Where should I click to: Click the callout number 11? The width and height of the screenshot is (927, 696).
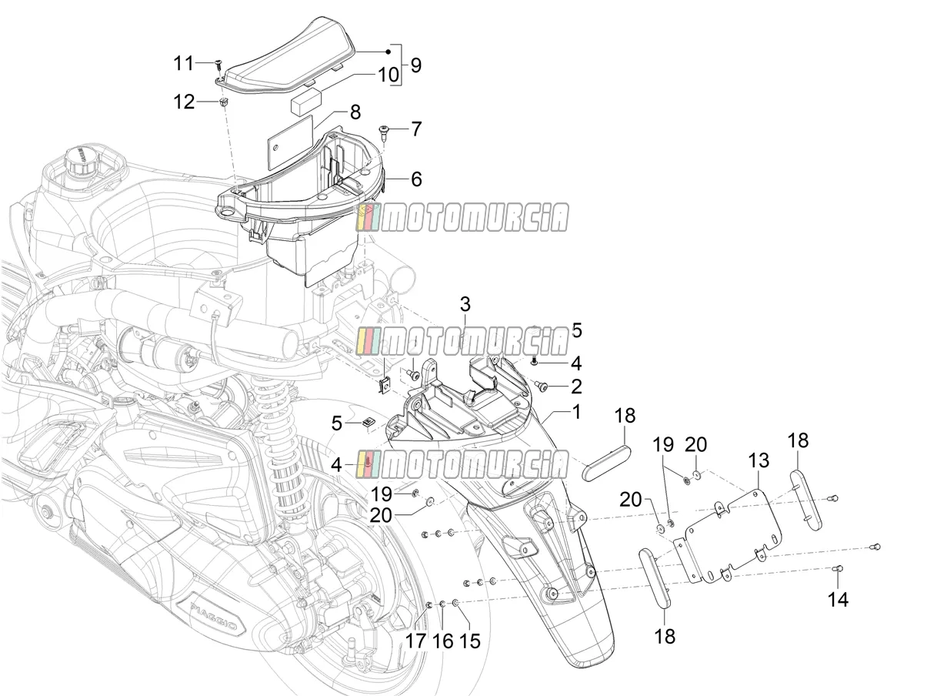click(x=184, y=63)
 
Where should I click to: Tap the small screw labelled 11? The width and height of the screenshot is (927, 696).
click(x=218, y=65)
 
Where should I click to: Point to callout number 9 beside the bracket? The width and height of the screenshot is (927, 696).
click(x=415, y=65)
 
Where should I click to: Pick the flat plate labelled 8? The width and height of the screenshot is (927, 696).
click(x=292, y=136)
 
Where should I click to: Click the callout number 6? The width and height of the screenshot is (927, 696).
click(x=416, y=179)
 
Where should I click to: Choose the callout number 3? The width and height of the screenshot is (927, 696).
click(x=465, y=304)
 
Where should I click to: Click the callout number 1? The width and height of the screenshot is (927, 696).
click(x=576, y=412)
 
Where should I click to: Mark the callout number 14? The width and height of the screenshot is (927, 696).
click(x=838, y=599)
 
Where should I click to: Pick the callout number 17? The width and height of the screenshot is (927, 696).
click(x=416, y=641)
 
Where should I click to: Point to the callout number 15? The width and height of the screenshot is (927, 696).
click(x=469, y=641)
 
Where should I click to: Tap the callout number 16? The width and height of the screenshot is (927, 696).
click(x=442, y=641)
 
